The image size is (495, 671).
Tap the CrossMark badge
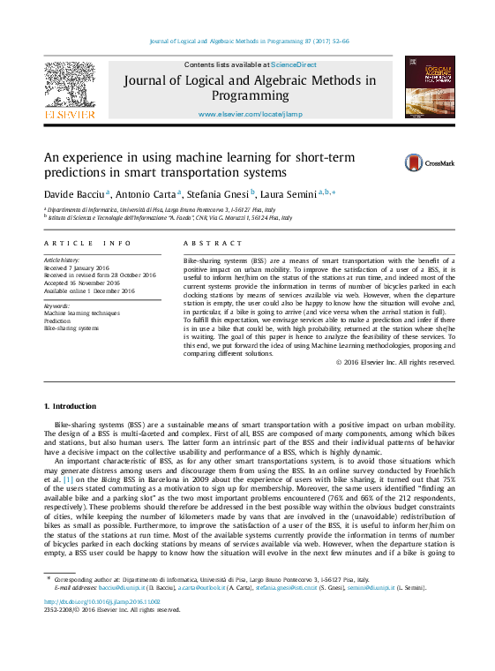pos(430,162)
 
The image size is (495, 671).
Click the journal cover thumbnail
pos(424,87)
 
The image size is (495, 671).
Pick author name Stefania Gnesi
pos(219,192)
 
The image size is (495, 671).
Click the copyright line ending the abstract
pos(396,362)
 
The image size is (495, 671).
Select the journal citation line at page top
pos(250,41)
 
